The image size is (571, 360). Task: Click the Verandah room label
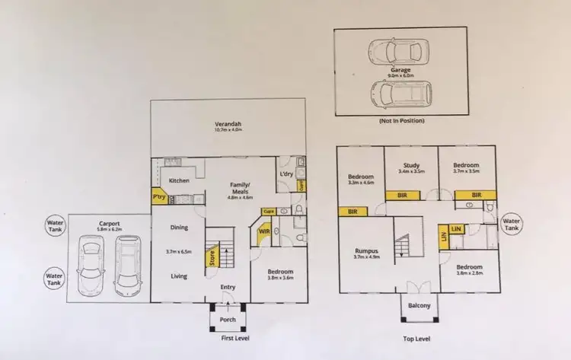pos(228,123)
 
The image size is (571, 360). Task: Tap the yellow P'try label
pos(159,196)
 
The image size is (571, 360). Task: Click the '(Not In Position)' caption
pos(400,121)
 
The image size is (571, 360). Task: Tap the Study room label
pos(411,164)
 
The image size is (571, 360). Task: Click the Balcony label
pos(418,306)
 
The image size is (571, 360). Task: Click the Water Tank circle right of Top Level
pos(512,225)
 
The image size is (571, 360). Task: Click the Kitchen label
pos(179,180)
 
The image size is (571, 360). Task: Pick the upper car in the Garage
pos(400,53)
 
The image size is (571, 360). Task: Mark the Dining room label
pos(179,227)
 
